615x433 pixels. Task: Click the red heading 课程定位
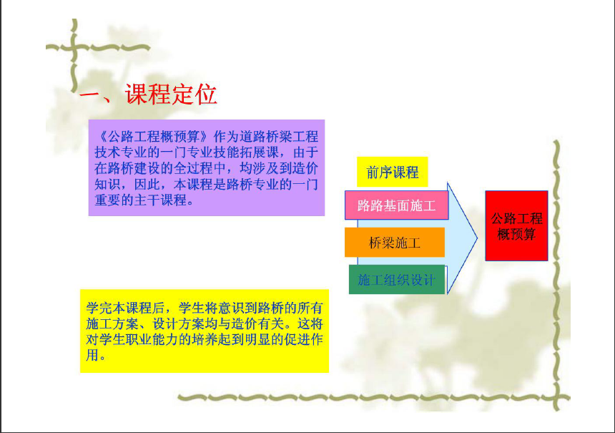(171, 94)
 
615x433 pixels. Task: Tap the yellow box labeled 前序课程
(392, 172)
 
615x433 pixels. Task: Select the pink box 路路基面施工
(397, 205)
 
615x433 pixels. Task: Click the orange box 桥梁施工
(395, 242)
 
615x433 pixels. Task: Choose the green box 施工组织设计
(397, 280)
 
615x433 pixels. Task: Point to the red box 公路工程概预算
(516, 225)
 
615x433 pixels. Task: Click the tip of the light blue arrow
(477, 238)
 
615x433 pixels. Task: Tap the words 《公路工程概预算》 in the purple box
(153, 137)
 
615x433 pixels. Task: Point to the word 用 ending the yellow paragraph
(92, 355)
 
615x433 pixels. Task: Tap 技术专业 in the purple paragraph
(120, 152)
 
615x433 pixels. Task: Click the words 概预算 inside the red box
(516, 234)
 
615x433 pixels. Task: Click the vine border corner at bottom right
(557, 398)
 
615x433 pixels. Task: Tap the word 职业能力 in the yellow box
(152, 339)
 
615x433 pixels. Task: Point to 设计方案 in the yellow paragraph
(178, 324)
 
